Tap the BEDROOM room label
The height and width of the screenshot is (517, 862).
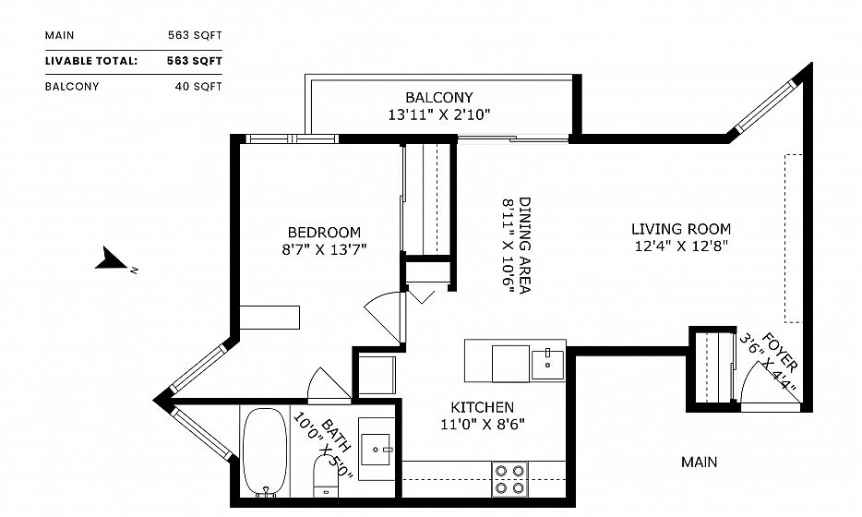[324, 232]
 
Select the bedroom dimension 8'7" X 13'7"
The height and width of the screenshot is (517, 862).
[324, 249]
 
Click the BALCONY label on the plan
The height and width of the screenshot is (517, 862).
[439, 97]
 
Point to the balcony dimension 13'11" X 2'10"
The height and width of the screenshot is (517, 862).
[439, 115]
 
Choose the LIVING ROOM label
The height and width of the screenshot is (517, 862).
[681, 229]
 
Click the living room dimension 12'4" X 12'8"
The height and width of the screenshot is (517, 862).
[681, 246]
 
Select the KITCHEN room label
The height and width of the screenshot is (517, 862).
[482, 407]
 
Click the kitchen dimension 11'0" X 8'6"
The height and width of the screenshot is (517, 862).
[482, 424]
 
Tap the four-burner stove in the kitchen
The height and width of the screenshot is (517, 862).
[509, 479]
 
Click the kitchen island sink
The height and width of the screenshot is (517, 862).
[547, 365]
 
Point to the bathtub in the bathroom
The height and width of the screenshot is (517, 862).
[265, 452]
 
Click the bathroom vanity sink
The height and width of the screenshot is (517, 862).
[377, 449]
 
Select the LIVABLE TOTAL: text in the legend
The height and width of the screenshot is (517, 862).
[91, 61]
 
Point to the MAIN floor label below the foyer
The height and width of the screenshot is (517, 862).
[700, 462]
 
